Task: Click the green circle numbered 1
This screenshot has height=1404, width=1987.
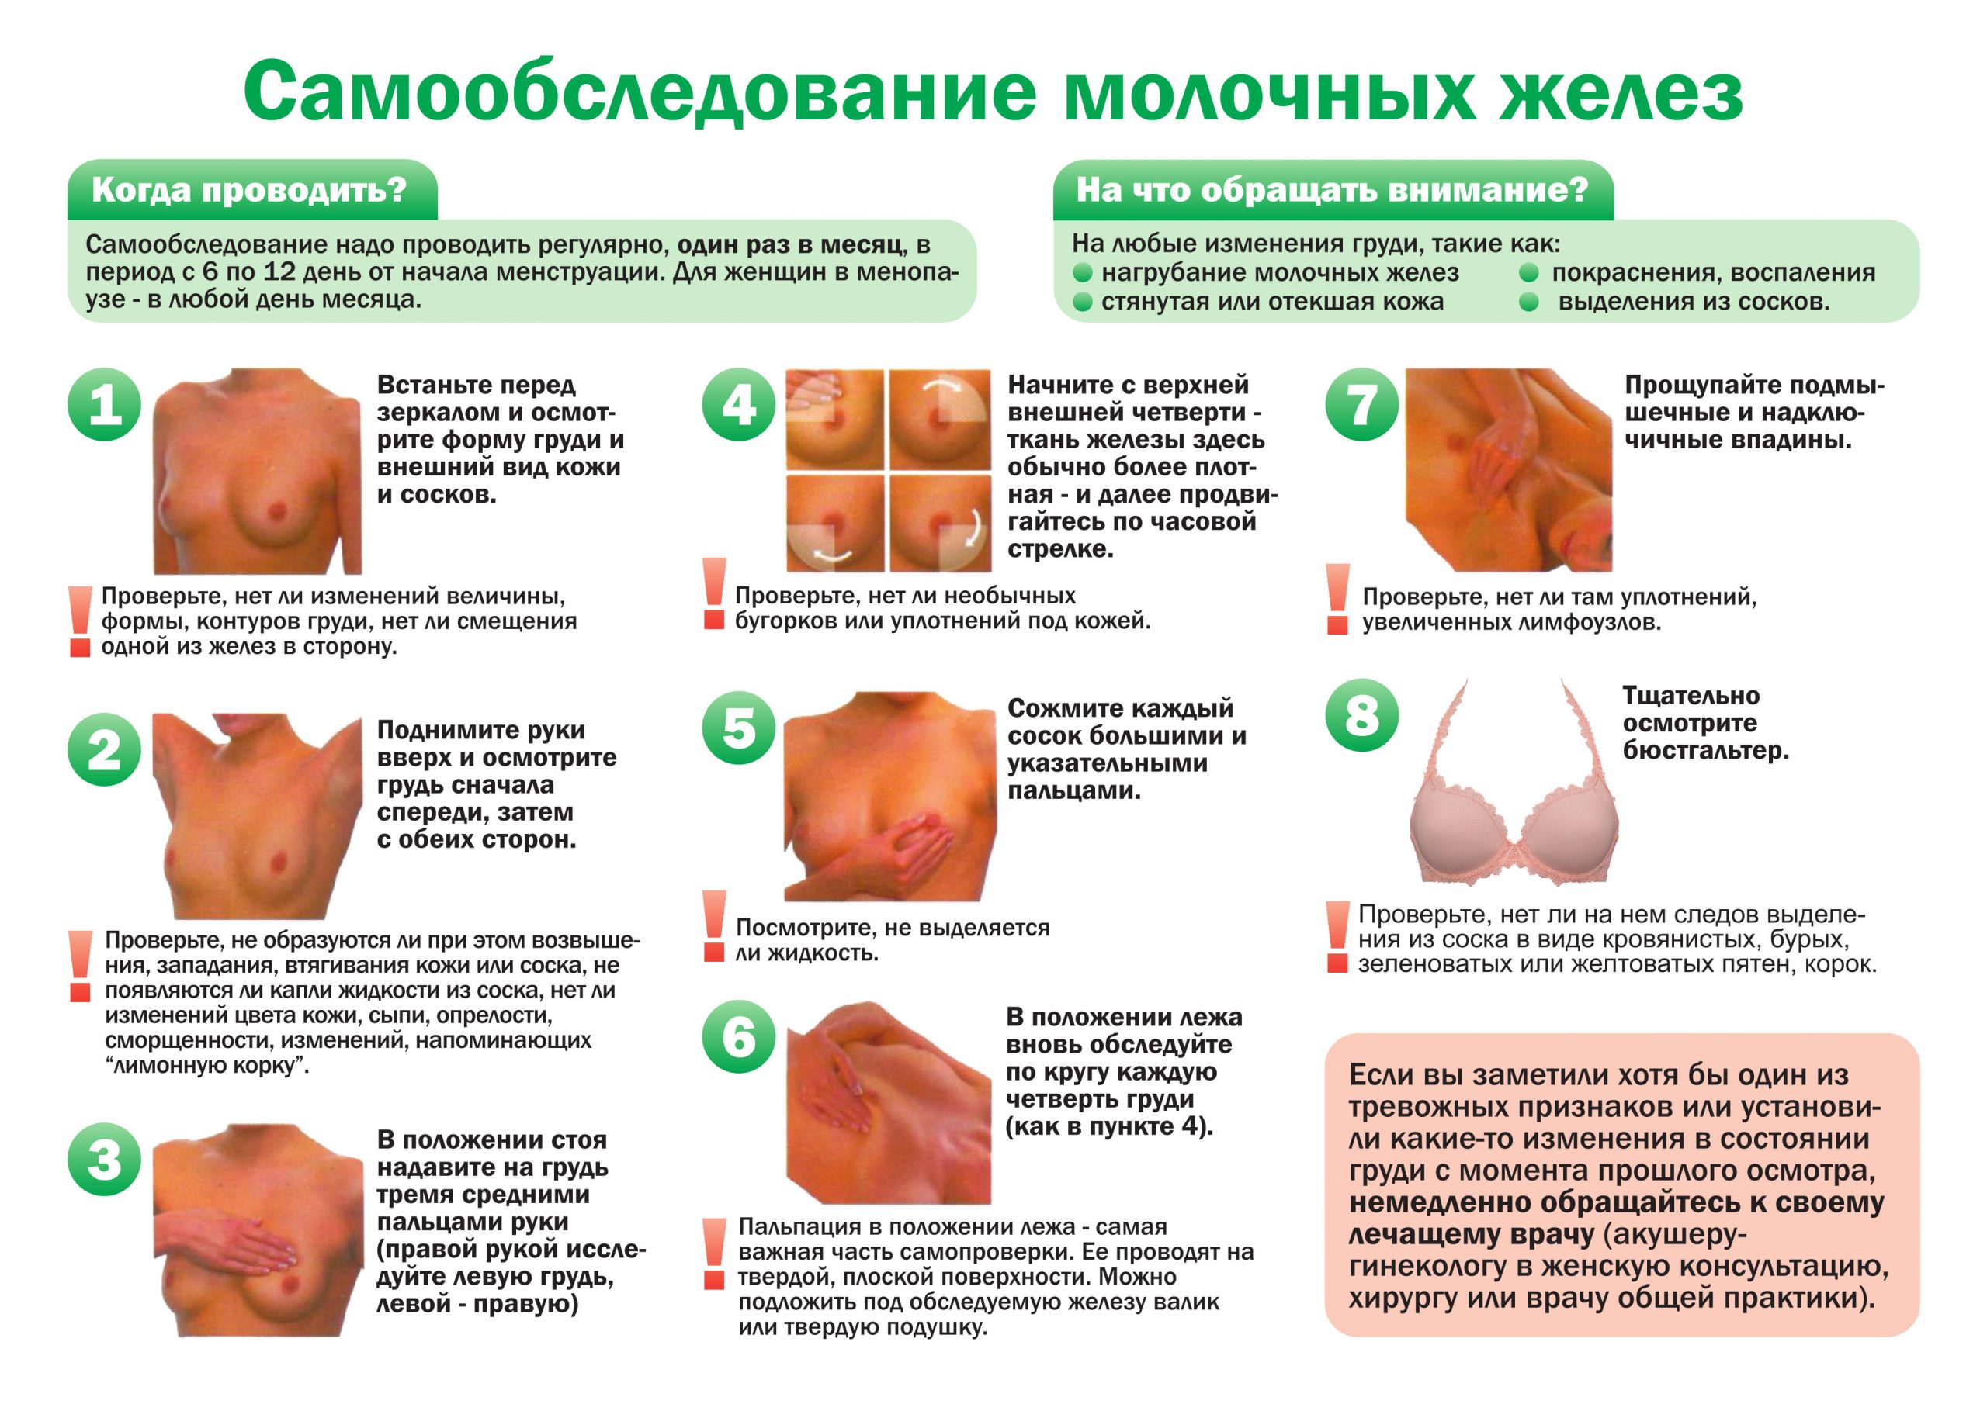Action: coord(105,404)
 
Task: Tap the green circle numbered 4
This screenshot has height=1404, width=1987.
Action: coord(738,404)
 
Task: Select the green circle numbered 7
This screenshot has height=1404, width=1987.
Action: coord(1362,404)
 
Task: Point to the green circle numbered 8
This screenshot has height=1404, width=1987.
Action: coord(1362,714)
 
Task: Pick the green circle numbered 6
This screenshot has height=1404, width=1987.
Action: coord(738,1036)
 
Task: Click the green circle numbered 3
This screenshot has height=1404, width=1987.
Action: coord(105,1159)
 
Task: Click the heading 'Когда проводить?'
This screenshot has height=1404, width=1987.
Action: coord(249,190)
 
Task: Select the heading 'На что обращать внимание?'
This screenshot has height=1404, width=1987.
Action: coord(1332,190)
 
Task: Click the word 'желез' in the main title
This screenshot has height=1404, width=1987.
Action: coord(1620,92)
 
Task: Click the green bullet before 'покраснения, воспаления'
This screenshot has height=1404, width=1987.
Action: coord(1529,272)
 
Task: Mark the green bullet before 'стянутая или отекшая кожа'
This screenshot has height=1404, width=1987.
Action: coord(1083,302)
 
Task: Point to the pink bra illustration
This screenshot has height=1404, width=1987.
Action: coord(1514,783)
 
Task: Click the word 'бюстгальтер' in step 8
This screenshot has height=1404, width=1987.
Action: coord(1705,751)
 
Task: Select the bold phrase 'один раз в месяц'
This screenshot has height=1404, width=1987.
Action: coord(789,246)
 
